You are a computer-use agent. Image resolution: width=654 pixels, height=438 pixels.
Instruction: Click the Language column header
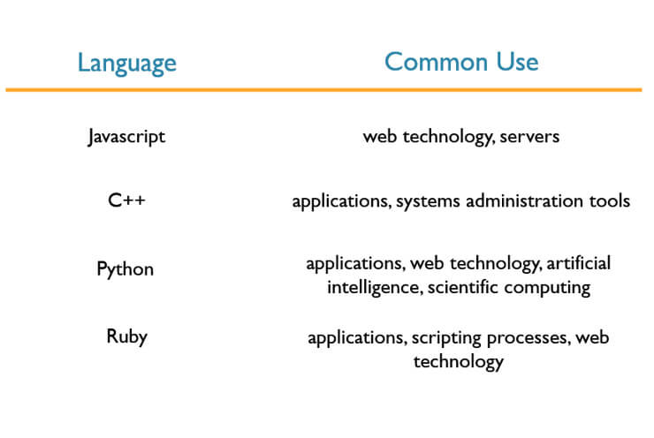pos(127,64)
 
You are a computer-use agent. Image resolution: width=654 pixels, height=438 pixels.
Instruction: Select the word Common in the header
pos(437,62)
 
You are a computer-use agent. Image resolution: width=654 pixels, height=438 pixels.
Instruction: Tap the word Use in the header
pos(517,62)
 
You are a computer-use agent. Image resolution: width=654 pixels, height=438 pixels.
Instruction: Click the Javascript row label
pos(126,137)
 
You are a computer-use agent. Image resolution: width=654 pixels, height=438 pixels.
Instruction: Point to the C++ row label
pos(126,200)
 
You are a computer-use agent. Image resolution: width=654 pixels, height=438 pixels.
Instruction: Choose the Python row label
pos(125,269)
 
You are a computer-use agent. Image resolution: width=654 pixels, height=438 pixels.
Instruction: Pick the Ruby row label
pos(126,336)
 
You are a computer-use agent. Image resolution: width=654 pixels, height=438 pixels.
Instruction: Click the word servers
pos(529,137)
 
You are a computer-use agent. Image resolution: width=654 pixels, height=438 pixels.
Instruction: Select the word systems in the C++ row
pos(428,201)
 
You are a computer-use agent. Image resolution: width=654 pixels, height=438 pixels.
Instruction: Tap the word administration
pos(524,200)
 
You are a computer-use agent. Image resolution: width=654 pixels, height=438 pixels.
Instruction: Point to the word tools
pos(610,200)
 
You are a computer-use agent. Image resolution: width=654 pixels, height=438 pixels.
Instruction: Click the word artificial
pos(579,263)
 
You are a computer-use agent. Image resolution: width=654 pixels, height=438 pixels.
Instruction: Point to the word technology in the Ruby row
pos(459,362)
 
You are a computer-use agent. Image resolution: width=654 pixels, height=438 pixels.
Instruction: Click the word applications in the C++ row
pos(342,201)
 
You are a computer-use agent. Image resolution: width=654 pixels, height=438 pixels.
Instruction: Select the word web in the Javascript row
pos(379,137)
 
